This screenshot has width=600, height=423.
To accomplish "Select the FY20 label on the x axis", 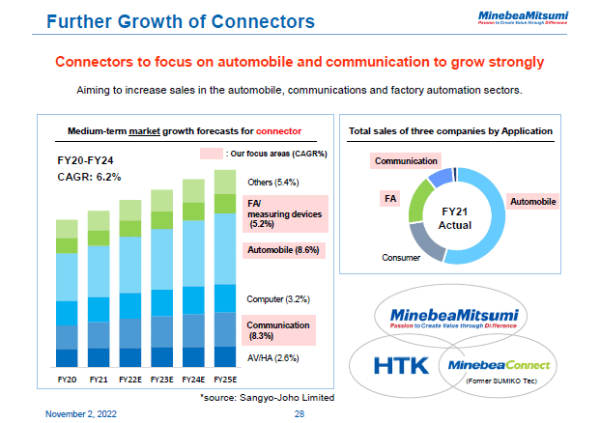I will click(x=67, y=381).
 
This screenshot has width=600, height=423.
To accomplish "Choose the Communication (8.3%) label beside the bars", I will click(x=279, y=331).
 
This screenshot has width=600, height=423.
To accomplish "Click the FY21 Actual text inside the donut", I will click(x=454, y=217).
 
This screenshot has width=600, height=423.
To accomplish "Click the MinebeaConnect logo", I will click(x=500, y=365).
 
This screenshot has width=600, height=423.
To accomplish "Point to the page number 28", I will click(x=300, y=412).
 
